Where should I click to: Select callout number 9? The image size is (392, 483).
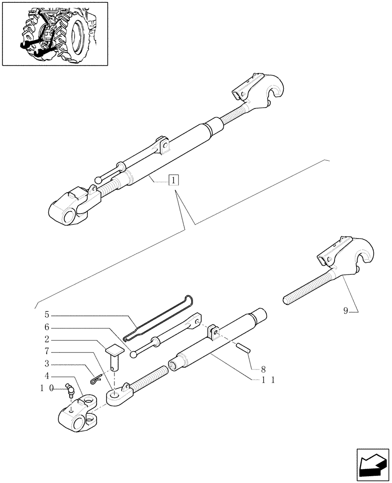tap(346, 311)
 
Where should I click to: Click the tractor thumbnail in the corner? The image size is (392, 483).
tap(55, 34)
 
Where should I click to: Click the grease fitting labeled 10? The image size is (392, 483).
tap(69, 390)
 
